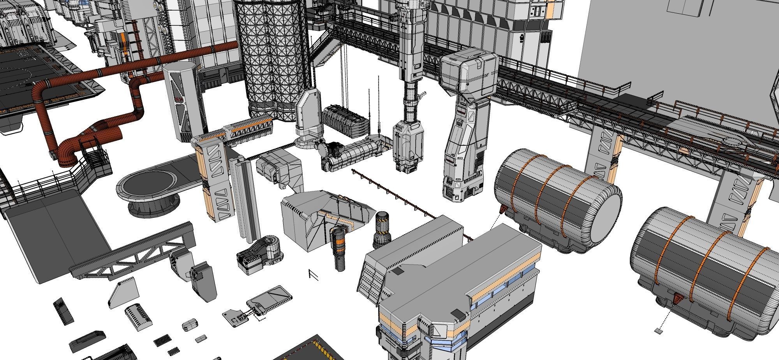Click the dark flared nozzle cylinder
[x=382, y=230]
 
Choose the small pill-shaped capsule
[x=189, y=324]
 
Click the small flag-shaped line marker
[x=313, y=274]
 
